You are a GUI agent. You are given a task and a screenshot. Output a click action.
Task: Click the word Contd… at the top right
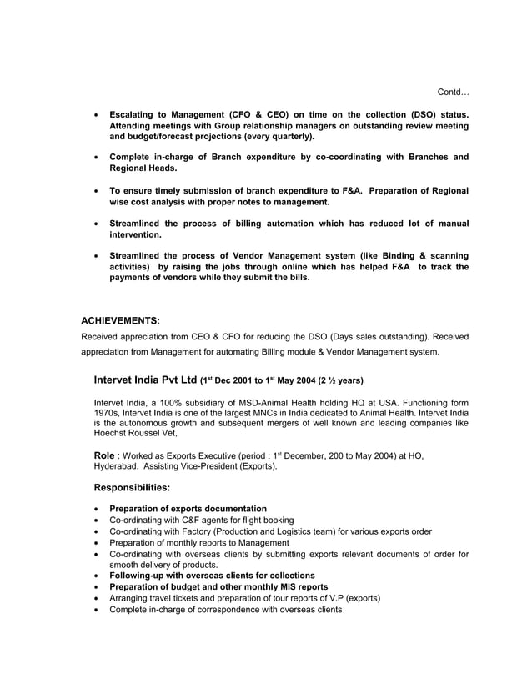coord(454,91)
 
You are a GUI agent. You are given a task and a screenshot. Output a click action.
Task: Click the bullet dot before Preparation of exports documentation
coord(100,509)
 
